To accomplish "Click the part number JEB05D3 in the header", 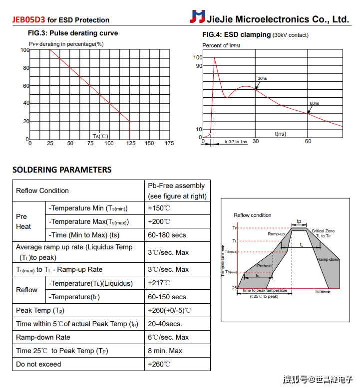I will pyautogui.click(x=28, y=20).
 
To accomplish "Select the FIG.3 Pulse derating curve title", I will pyautogui.click(x=73, y=33).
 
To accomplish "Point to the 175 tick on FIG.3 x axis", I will pyautogui.click(x=169, y=144).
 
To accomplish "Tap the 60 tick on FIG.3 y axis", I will pyautogui.click(x=26, y=86).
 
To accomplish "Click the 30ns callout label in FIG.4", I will pyautogui.click(x=262, y=79).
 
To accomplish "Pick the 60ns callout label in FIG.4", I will pyautogui.click(x=314, y=103).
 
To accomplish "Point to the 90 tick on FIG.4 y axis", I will pyautogui.click(x=199, y=66).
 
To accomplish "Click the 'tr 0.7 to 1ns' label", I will pyautogui.click(x=235, y=142).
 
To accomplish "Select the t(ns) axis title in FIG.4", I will pyautogui.click(x=281, y=134).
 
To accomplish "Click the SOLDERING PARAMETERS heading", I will pyautogui.click(x=62, y=170).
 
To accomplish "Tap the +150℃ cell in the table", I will pyautogui.click(x=159, y=208).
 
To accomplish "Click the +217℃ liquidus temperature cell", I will pyautogui.click(x=159, y=283).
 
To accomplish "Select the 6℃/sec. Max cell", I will pyautogui.click(x=168, y=337).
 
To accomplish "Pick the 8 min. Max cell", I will pyautogui.click(x=165, y=351).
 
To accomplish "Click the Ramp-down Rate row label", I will pyautogui.click(x=43, y=337).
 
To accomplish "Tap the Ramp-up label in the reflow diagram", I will pyautogui.click(x=276, y=234).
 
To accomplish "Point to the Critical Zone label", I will pyautogui.click(x=323, y=231).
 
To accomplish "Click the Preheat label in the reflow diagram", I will pyautogui.click(x=265, y=266).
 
